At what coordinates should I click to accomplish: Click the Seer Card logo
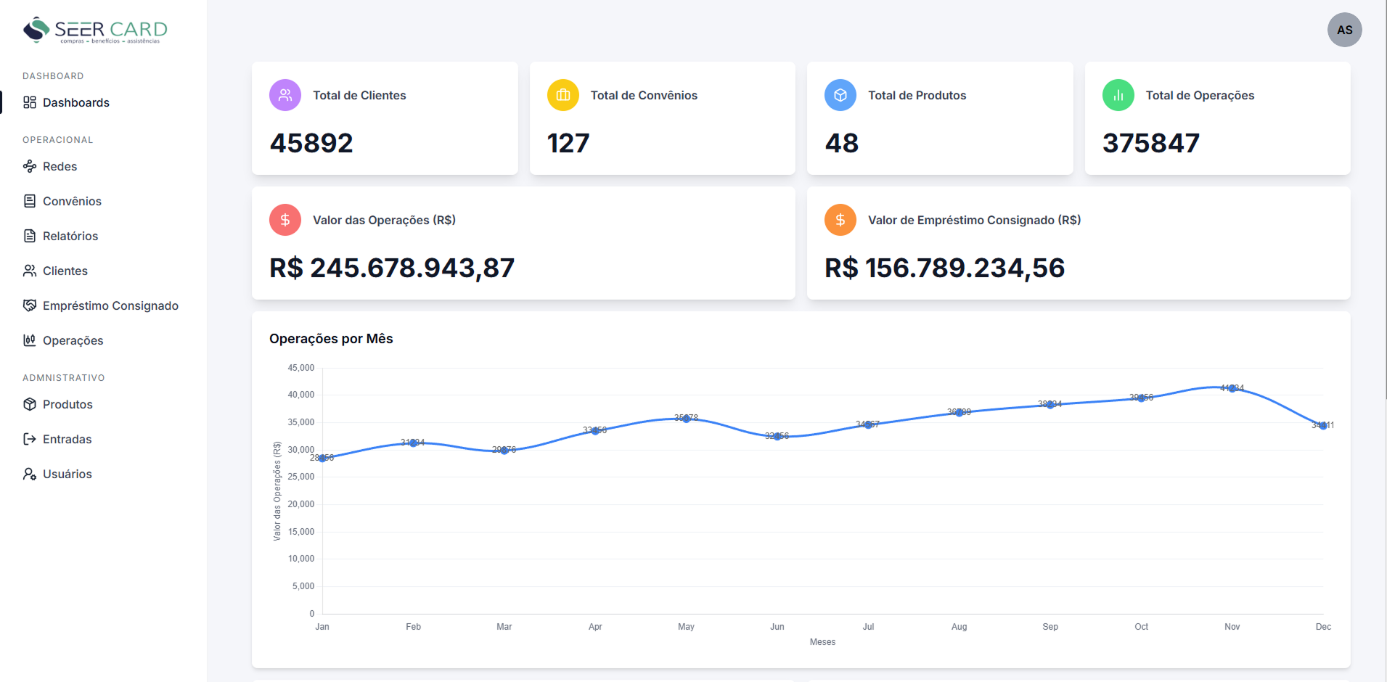(x=95, y=30)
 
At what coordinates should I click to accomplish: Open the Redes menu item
(x=60, y=166)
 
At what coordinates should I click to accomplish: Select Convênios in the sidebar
(x=72, y=201)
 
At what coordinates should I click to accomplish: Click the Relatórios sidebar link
(x=70, y=236)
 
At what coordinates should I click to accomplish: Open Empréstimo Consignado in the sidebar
(x=110, y=305)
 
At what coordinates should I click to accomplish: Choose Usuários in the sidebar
(x=67, y=474)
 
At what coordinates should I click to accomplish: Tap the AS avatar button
(x=1344, y=30)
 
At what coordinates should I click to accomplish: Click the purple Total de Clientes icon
(x=285, y=95)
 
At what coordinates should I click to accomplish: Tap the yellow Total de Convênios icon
(x=562, y=95)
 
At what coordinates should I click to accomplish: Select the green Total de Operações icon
(x=1118, y=95)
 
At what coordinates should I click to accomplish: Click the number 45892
(x=311, y=143)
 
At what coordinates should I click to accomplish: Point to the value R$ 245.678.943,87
(x=392, y=268)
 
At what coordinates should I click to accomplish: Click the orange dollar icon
(x=840, y=220)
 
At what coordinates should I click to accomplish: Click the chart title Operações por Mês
(x=331, y=339)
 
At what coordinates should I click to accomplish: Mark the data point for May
(x=686, y=419)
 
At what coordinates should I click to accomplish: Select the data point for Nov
(x=1232, y=389)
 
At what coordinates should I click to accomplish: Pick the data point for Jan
(x=322, y=458)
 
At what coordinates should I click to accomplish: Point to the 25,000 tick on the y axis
(x=301, y=477)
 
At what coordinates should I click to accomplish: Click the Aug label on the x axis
(x=959, y=627)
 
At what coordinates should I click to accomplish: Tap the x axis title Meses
(x=822, y=642)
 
